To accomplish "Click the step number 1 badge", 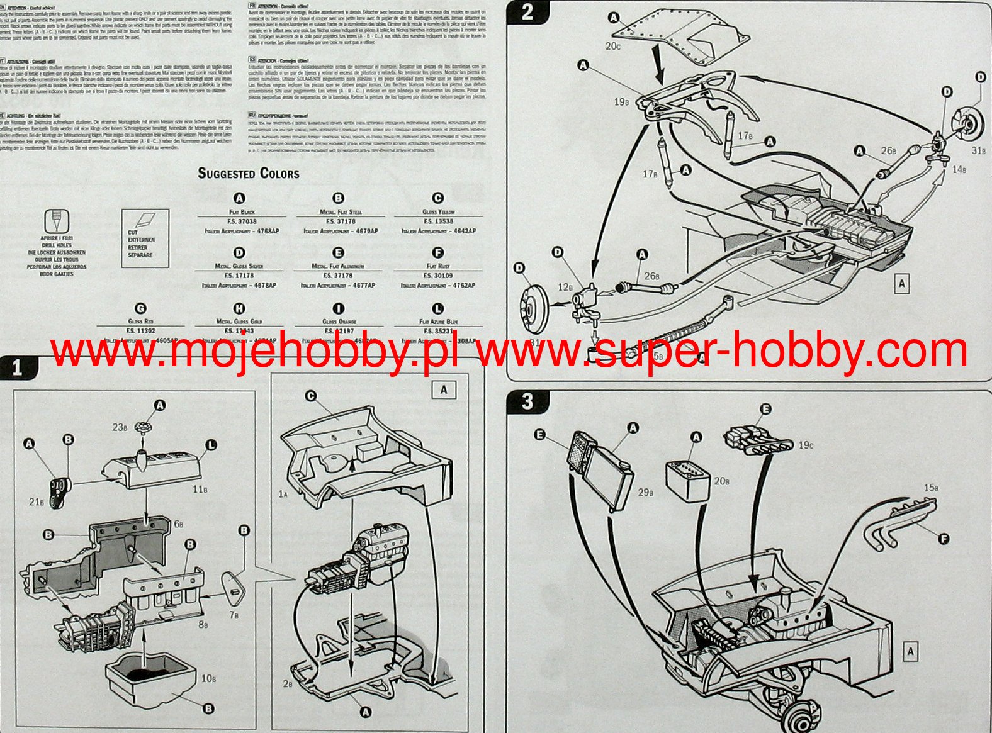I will (x=17, y=367).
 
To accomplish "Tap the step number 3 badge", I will (x=527, y=401).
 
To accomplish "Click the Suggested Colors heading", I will (x=249, y=173).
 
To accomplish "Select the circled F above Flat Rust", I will (x=438, y=253).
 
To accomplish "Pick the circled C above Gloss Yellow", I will (x=438, y=198).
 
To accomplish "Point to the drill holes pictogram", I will (x=57, y=222).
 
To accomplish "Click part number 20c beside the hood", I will (x=613, y=46).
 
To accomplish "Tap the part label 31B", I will (x=978, y=150).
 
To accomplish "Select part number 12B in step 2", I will (x=565, y=287).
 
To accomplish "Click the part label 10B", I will (x=208, y=679).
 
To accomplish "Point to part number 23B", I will (x=119, y=427).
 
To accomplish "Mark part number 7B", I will (x=234, y=615).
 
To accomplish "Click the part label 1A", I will (x=283, y=495).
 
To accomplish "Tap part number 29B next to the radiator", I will (x=645, y=492).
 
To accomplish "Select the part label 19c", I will (x=805, y=445).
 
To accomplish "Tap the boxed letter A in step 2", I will (x=901, y=284).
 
